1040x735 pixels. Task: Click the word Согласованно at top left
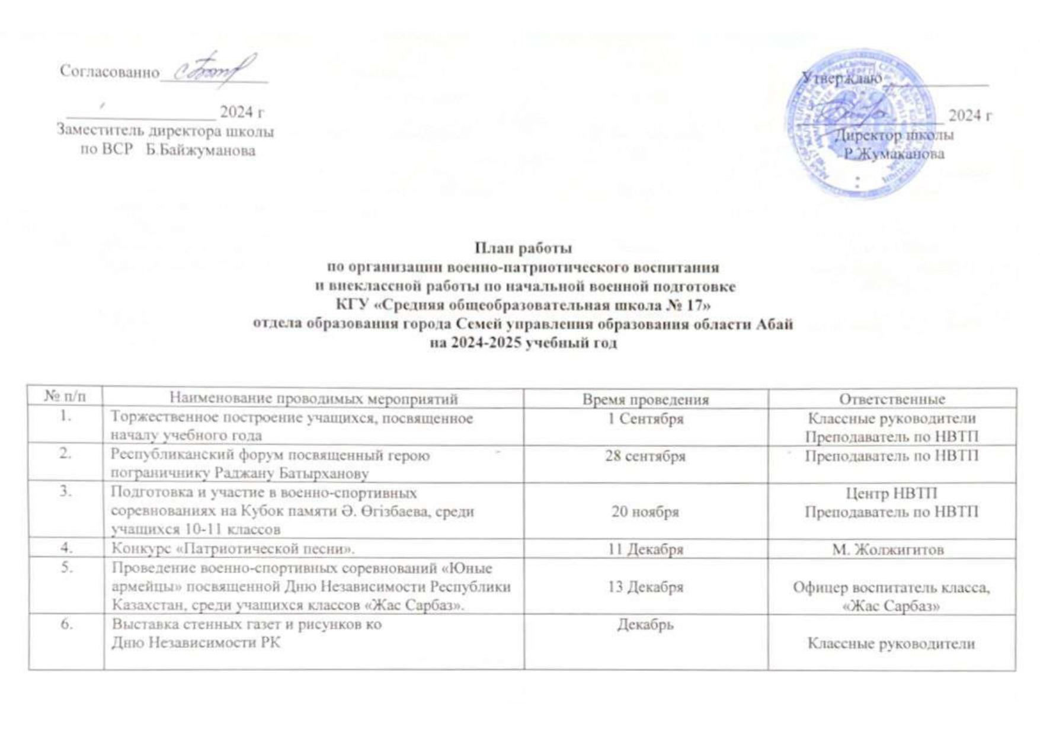tap(110, 72)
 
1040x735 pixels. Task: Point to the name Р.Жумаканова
tap(894, 154)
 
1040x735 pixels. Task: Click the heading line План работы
tap(523, 248)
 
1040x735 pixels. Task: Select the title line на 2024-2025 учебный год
tap(523, 343)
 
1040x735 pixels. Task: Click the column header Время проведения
tap(645, 399)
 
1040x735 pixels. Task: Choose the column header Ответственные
tap(892, 399)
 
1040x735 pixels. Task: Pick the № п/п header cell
tap(65, 398)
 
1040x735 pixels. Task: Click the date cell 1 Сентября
tap(645, 418)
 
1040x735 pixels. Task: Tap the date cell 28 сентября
tap(645, 456)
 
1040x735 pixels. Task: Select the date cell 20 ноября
tap(645, 512)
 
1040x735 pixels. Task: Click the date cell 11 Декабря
tap(645, 549)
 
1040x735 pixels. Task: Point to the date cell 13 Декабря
tap(645, 587)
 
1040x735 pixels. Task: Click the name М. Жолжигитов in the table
tap(888, 549)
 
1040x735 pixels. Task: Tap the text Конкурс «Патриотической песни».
tap(233, 549)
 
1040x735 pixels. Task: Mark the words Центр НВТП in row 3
tap(891, 493)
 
